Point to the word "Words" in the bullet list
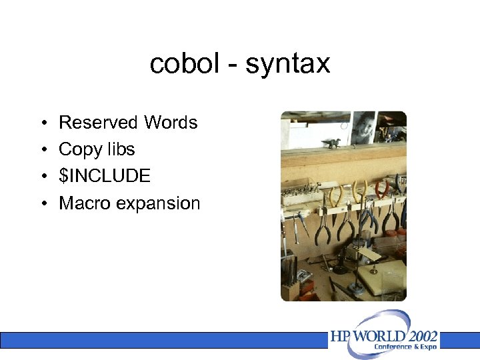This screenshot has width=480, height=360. tap(170, 123)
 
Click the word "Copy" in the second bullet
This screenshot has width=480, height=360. tap(79, 150)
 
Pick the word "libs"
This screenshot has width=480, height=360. tap(119, 149)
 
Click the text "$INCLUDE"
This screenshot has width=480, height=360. tap(105, 176)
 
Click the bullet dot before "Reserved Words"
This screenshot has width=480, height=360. tap(42, 123)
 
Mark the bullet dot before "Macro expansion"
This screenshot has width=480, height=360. tap(42, 203)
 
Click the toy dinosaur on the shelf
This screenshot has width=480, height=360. tap(330, 142)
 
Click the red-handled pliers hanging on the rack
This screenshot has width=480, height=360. tap(381, 190)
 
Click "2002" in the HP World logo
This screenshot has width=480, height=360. tap(420, 335)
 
